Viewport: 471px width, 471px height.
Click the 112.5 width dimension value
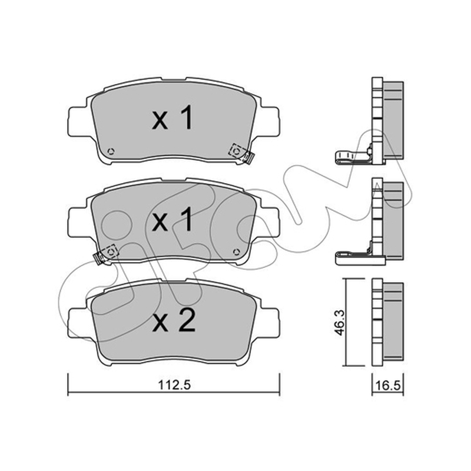[x=174, y=385]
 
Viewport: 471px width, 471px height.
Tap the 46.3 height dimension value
[x=340, y=323]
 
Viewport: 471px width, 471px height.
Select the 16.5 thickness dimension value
[x=389, y=386]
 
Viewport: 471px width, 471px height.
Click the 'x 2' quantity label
[x=174, y=321]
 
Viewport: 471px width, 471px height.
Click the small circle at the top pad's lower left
[x=111, y=151]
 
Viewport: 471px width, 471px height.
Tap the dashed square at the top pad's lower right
[x=236, y=151]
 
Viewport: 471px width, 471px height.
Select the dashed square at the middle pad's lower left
[x=110, y=251]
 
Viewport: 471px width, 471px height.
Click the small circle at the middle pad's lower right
[x=236, y=252]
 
